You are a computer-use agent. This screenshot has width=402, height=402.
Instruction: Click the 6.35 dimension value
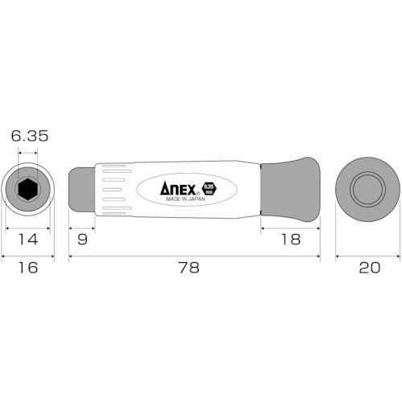(29, 137)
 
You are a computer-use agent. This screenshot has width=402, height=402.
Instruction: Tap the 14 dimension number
(28, 238)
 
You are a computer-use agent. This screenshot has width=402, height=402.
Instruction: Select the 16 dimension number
(28, 269)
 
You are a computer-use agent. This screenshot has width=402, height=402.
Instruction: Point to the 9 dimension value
(83, 238)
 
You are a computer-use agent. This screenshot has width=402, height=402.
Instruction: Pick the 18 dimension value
(290, 238)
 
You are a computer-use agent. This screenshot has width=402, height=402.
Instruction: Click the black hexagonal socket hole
(28, 189)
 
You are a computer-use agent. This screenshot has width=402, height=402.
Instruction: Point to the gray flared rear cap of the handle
(291, 189)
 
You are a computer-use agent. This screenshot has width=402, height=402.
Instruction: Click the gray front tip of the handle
(81, 189)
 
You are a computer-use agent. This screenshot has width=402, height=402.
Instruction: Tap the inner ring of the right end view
(367, 189)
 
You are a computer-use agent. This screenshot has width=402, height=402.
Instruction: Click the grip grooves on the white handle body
(116, 190)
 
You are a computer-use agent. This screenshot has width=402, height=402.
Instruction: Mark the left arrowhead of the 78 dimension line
(72, 257)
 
